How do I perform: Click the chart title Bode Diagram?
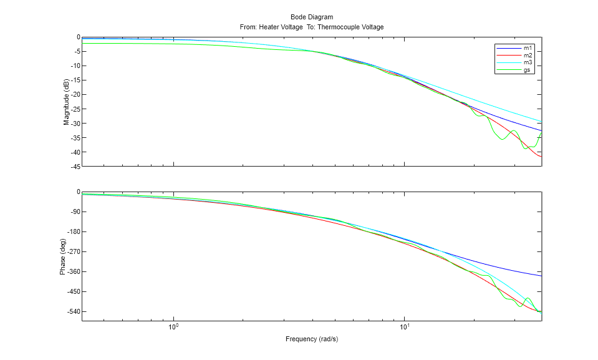pos(311,17)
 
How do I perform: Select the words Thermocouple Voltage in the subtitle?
pos(350,27)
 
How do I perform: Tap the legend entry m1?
pos(528,48)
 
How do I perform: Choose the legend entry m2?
pos(528,56)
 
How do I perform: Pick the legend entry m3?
pos(528,63)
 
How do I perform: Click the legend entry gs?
pos(527,71)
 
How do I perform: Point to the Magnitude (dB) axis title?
pos(66,102)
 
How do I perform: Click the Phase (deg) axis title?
pos(63,256)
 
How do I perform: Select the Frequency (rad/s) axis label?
pos(311,339)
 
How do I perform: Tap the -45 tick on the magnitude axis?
pos(74,167)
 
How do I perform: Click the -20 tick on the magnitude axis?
pos(74,95)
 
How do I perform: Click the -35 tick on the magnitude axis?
pos(74,138)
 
